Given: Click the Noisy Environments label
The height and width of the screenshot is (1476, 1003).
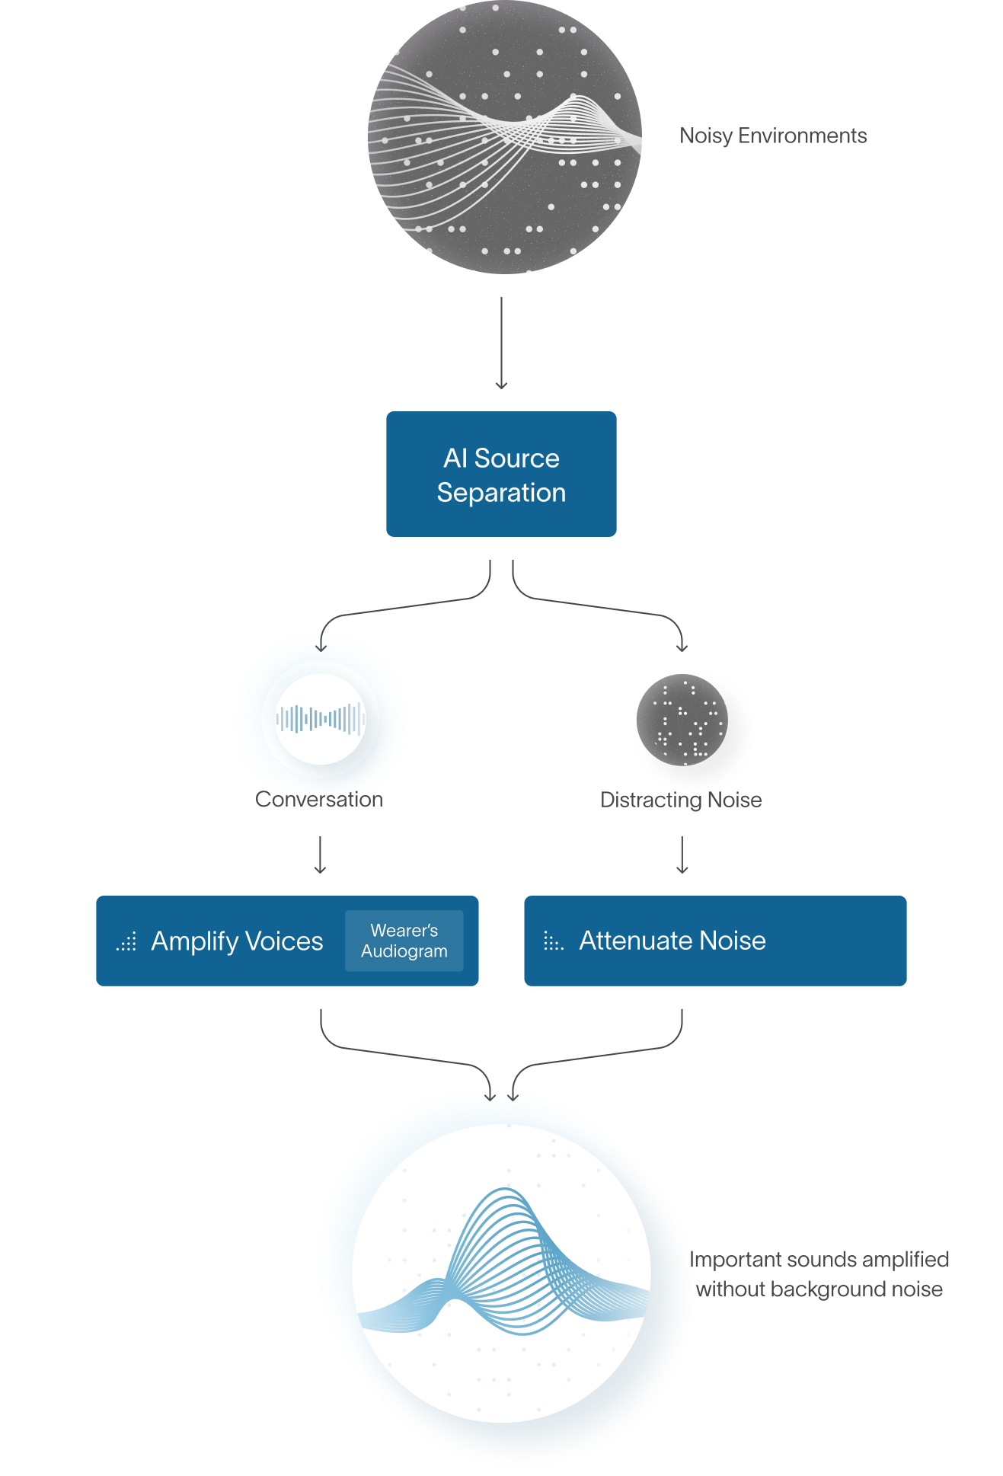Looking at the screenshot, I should [772, 136].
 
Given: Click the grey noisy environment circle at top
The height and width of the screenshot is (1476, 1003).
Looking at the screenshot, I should [504, 137].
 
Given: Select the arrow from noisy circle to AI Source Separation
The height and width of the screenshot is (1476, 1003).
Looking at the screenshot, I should [501, 343].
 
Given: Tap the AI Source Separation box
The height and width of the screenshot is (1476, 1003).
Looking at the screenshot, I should [501, 474].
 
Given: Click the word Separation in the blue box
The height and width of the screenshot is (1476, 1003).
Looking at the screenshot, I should [501, 493].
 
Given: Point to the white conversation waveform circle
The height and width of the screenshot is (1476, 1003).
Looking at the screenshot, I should [320, 719].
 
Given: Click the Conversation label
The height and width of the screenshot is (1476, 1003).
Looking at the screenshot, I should [320, 799].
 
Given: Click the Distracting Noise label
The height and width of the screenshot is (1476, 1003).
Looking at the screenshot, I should [681, 800].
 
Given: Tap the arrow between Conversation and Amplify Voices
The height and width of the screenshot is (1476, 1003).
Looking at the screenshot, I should [320, 855].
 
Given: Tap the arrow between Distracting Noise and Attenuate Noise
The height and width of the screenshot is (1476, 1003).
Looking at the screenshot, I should [682, 855].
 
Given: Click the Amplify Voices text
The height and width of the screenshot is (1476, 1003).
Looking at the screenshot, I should [237, 941].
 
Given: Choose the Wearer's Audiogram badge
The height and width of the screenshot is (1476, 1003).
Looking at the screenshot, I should [404, 941].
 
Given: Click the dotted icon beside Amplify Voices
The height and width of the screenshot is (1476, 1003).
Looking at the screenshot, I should [126, 942].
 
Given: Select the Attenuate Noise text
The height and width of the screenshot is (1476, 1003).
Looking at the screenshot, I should [672, 941].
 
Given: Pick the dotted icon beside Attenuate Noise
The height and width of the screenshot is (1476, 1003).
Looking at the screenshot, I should [554, 942].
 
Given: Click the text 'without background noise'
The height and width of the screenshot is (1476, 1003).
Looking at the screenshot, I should [821, 1289].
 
